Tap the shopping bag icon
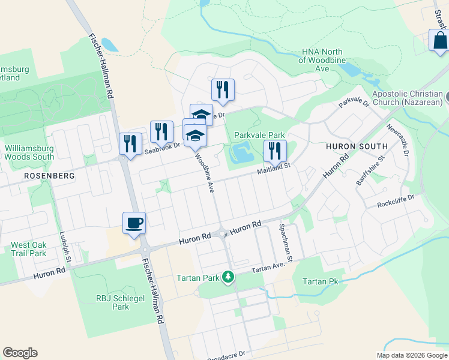439,40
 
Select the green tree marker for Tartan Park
228,277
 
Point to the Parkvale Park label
259,136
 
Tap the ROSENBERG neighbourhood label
49,176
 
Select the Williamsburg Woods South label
29,152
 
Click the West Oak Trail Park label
28,249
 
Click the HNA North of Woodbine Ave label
322,61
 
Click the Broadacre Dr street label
226,356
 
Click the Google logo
20,353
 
